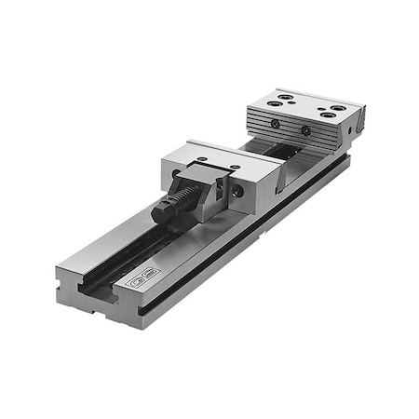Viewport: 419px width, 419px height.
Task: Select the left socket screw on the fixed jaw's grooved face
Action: [276, 123]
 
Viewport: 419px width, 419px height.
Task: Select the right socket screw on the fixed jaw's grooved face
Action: [308, 130]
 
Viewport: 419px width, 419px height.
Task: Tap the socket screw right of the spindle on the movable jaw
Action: [238, 191]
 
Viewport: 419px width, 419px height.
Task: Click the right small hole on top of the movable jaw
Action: [234, 168]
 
